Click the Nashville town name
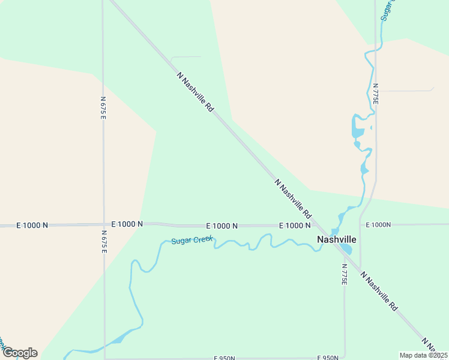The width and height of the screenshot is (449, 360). (x=336, y=239)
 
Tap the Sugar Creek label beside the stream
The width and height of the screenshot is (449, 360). (x=192, y=241)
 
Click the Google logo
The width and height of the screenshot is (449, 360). (x=19, y=353)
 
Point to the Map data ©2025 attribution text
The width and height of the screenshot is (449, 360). (x=423, y=355)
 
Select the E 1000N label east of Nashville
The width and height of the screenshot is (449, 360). (x=378, y=225)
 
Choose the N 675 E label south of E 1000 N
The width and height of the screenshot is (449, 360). (x=104, y=241)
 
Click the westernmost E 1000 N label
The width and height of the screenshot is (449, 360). (x=32, y=225)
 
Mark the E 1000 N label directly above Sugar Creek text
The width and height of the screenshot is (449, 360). (x=221, y=226)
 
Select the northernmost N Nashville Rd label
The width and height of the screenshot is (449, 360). (x=196, y=92)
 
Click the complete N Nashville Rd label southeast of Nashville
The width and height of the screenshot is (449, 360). (x=379, y=291)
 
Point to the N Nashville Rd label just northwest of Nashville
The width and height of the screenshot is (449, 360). (x=294, y=198)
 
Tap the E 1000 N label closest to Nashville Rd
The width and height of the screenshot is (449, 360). (x=295, y=225)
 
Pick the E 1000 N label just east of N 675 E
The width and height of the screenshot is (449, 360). (x=127, y=224)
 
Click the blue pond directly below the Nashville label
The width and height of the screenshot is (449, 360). (x=345, y=248)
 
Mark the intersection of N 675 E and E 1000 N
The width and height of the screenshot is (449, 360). (x=104, y=224)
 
